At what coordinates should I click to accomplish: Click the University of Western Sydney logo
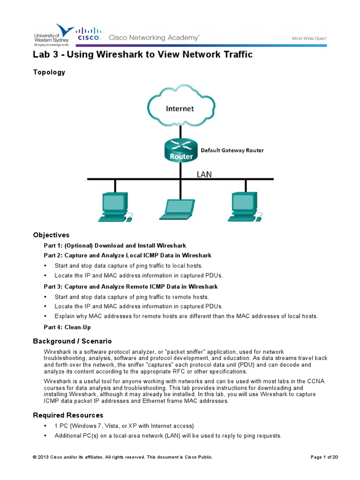[x=53, y=34]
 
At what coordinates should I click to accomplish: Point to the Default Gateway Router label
[x=232, y=150]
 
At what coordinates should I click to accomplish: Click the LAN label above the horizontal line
[x=204, y=174]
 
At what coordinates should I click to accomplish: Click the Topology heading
[x=49, y=72]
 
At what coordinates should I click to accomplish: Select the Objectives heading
[x=51, y=235]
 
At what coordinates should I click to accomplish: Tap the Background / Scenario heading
[x=72, y=341]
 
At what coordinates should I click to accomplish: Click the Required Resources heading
[x=68, y=415]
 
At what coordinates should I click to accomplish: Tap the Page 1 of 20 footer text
[x=324, y=457]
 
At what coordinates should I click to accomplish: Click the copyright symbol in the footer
[x=34, y=457]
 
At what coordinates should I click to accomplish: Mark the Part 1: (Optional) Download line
[x=115, y=245]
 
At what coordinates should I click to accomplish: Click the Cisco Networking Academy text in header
[x=154, y=37]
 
